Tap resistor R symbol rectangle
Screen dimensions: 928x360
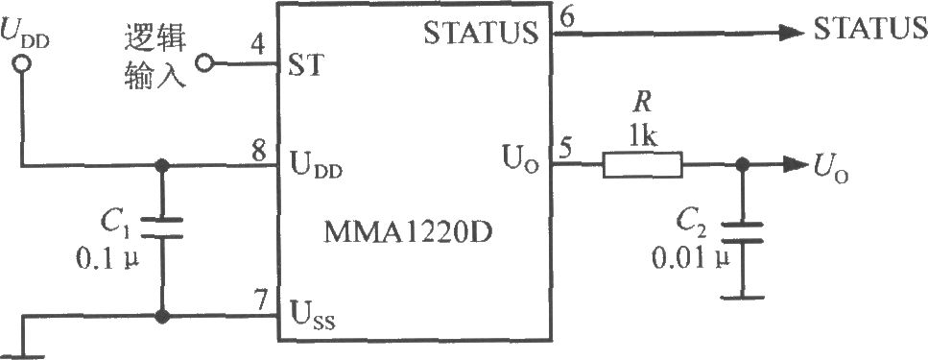[642, 165]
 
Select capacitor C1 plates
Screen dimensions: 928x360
[161, 228]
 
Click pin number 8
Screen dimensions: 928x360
[258, 153]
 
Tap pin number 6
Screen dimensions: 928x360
[567, 18]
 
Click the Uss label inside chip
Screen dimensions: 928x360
[312, 313]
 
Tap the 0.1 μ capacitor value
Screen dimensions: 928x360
[107, 259]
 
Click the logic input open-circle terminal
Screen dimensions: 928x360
[204, 62]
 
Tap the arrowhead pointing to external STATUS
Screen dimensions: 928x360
[791, 34]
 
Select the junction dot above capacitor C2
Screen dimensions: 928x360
[741, 166]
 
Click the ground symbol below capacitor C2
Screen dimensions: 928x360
[742, 296]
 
